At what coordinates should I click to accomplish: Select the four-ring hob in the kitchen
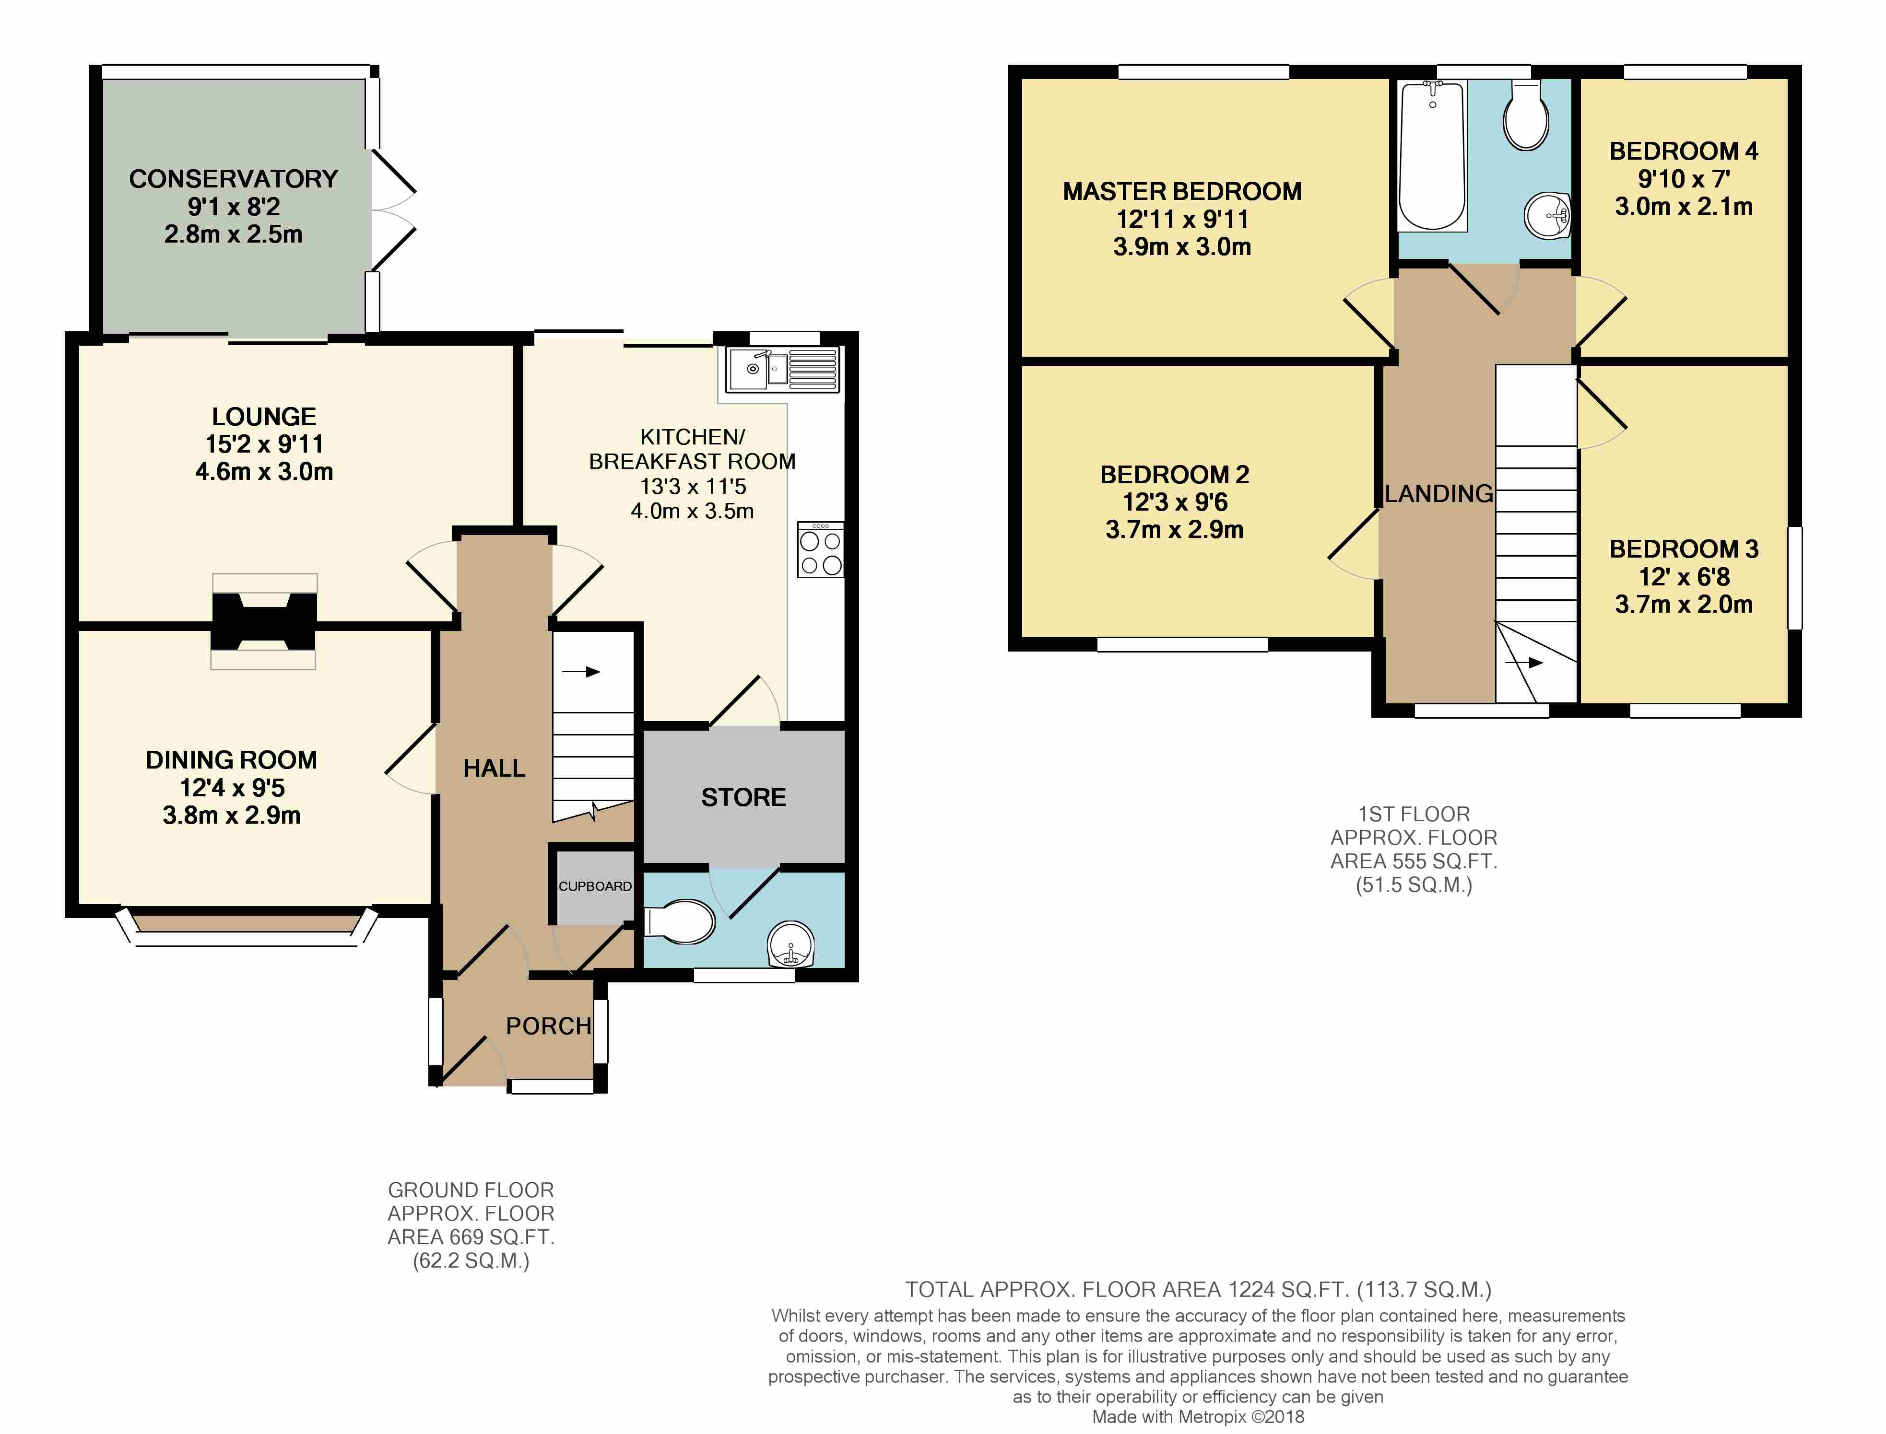point(821,550)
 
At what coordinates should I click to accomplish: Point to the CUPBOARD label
point(595,886)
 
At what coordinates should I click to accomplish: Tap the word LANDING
point(1438,493)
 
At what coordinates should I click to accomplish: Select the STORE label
point(743,797)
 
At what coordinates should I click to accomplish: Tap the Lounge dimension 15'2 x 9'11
point(264,444)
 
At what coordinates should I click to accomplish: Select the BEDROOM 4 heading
point(1684,151)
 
